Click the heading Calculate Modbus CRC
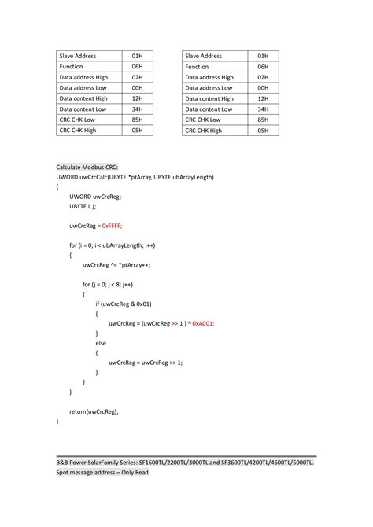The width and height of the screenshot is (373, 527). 87,168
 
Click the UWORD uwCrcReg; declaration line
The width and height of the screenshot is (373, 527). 95,197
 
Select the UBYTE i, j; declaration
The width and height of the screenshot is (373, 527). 83,206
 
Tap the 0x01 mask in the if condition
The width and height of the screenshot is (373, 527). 144,304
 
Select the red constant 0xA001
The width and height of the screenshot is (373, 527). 203,323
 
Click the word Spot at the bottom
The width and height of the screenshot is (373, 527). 63,473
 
